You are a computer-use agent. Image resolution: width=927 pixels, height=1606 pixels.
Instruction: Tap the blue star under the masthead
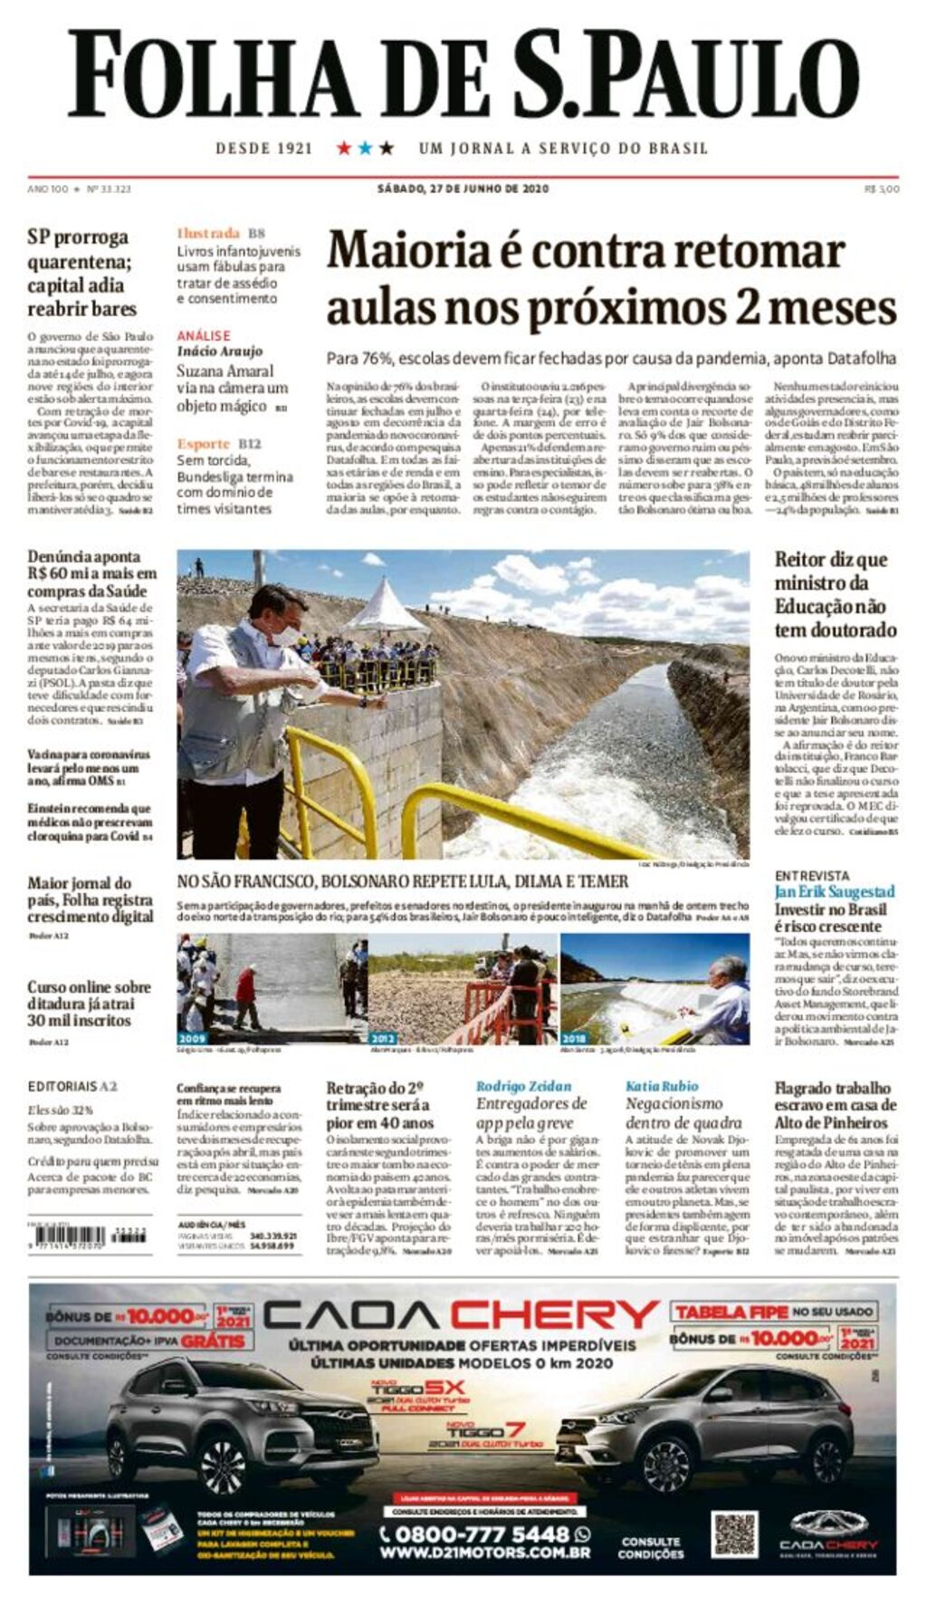click(x=365, y=148)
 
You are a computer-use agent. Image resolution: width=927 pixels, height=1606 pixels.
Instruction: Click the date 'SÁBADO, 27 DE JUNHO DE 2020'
click(x=463, y=189)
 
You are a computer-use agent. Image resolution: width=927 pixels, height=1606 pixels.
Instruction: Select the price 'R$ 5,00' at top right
click(x=882, y=189)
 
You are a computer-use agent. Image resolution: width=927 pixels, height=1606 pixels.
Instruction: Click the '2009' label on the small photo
click(x=192, y=1038)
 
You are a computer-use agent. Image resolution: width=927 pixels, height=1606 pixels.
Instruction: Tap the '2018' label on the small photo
click(x=574, y=1038)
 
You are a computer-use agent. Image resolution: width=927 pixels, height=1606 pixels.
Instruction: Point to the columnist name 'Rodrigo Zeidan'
click(x=523, y=1086)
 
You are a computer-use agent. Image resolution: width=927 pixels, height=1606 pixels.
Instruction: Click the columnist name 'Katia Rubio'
click(x=662, y=1086)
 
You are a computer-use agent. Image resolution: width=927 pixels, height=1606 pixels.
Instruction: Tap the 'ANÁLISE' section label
click(x=204, y=335)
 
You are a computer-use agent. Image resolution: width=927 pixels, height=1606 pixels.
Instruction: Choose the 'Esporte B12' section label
click(x=219, y=444)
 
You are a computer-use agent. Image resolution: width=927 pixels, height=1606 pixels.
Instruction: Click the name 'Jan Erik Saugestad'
click(x=835, y=891)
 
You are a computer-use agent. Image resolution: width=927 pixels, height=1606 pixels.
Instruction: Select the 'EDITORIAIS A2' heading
click(x=72, y=1086)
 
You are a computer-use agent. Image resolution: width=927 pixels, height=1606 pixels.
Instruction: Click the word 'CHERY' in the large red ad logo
click(x=555, y=1315)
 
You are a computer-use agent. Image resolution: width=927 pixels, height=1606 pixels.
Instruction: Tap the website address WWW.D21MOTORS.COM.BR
click(x=484, y=1553)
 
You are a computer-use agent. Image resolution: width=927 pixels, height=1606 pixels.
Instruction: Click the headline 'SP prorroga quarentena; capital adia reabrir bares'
click(x=81, y=273)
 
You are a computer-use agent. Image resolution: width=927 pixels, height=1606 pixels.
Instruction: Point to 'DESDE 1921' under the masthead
click(x=263, y=149)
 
